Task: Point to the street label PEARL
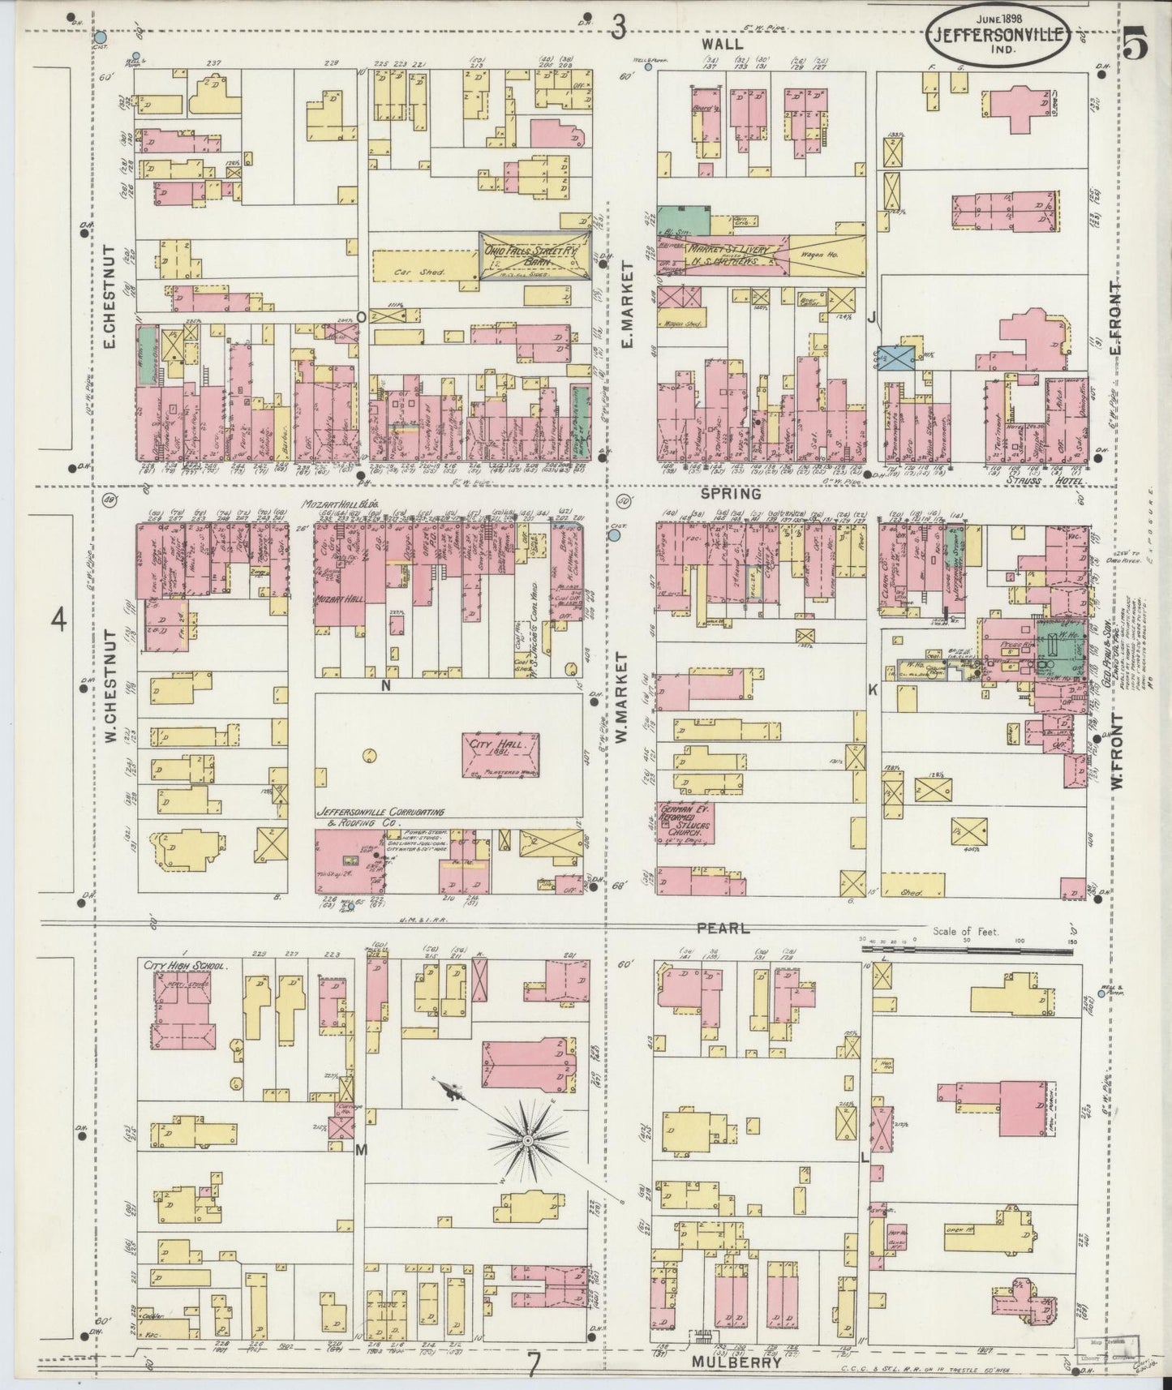tap(727, 927)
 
